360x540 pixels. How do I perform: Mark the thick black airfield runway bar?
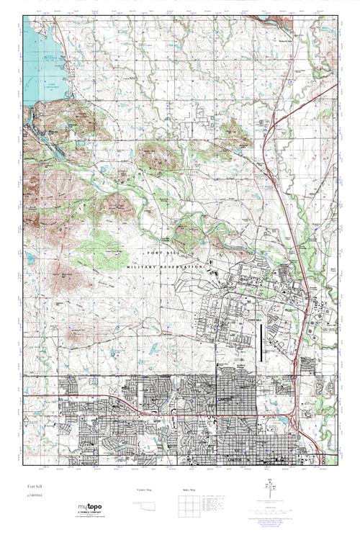261,342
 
